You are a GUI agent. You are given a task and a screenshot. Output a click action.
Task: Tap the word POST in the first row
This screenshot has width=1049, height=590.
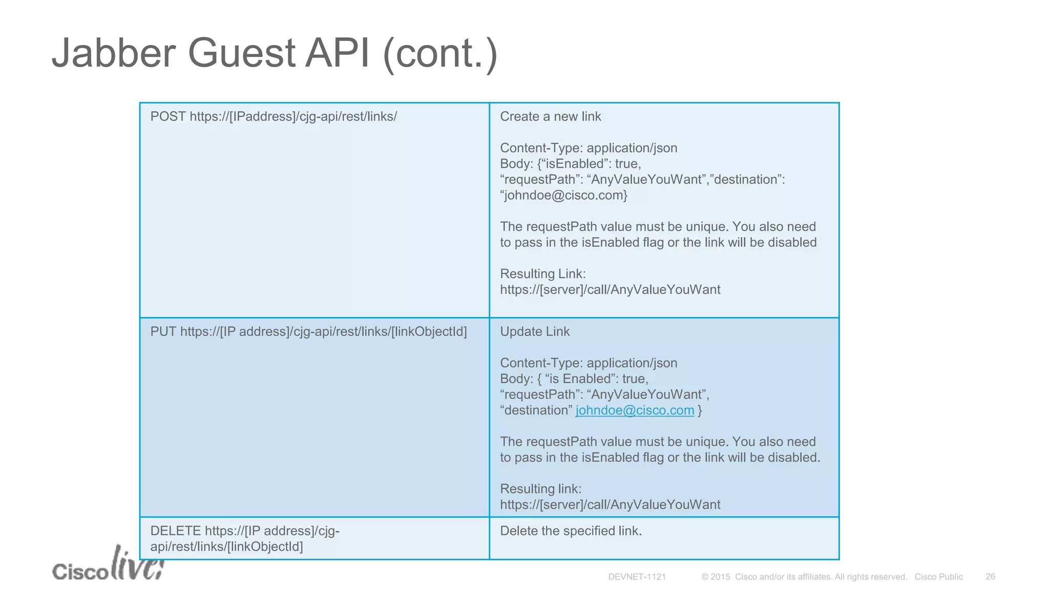tap(168, 117)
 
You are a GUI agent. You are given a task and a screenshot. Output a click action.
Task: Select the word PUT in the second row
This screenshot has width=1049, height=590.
tap(163, 332)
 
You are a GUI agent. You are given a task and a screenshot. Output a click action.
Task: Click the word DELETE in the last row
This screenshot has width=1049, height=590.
tap(175, 531)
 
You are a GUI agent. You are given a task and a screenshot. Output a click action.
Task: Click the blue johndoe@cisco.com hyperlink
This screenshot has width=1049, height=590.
tap(635, 411)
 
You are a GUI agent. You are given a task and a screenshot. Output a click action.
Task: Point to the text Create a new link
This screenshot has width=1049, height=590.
tap(550, 117)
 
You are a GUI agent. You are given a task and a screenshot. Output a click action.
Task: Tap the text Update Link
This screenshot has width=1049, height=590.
tap(534, 332)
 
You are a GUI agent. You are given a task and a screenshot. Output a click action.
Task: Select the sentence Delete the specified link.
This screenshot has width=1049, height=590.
tap(571, 531)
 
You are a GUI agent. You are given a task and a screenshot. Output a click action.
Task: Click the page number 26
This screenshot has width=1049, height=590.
tap(990, 577)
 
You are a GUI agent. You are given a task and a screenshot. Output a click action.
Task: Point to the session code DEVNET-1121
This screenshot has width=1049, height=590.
tap(637, 577)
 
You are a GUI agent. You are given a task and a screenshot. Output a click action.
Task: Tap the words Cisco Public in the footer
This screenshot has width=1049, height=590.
tap(938, 577)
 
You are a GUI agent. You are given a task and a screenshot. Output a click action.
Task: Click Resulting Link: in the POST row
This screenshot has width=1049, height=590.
tap(542, 274)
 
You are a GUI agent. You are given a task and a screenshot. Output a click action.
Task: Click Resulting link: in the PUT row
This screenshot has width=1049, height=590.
tap(540, 489)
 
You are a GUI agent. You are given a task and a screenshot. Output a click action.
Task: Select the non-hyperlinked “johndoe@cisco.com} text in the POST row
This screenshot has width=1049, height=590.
tap(563, 196)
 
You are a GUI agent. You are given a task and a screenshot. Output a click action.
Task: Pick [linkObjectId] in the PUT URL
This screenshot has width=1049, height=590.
tap(429, 332)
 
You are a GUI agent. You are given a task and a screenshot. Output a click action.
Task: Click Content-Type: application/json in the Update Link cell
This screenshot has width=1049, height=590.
tap(588, 363)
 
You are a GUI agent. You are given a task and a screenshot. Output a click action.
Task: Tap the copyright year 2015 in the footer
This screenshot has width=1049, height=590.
tap(720, 577)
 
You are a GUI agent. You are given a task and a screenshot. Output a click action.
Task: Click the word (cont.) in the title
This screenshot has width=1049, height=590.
tap(440, 54)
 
